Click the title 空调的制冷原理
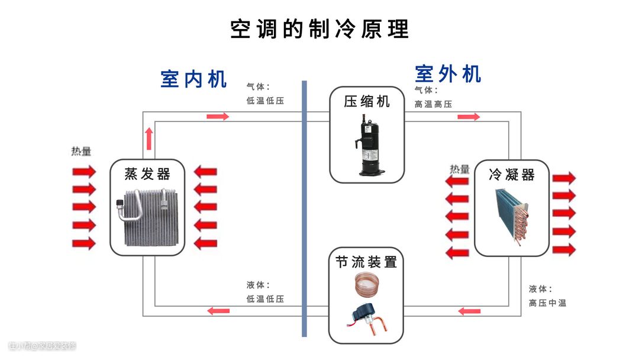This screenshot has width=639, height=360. pos(319,28)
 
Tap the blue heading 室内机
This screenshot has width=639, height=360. pos(193,79)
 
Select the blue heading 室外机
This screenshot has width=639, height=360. pos(448,74)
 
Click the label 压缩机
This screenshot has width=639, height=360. pos(367,101)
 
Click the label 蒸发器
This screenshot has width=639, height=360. pos(147,174)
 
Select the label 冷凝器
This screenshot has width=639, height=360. pos(512,175)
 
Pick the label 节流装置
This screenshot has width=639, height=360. pos(366,262)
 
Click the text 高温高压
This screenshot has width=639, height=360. pos(433,104)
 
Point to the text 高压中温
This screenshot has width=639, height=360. pos(547,303)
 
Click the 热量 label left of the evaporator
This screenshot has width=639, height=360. pos(82,152)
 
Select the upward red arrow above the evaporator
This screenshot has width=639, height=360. pos(149,138)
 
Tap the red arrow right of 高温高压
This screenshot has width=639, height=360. pos(469,117)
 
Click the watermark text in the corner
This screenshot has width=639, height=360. pos(43,346)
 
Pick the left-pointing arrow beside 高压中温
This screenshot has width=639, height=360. pos(469,311)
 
